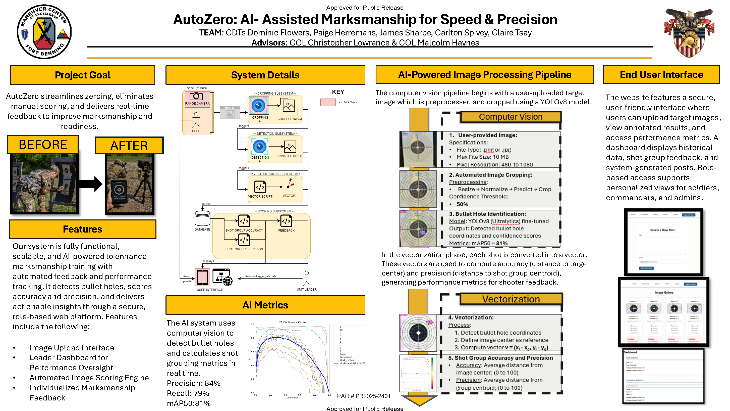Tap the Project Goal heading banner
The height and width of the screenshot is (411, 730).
click(82, 75)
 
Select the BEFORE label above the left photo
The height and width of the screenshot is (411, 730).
click(43, 145)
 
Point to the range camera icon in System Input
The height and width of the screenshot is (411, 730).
click(196, 97)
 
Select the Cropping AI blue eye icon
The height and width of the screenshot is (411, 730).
click(258, 106)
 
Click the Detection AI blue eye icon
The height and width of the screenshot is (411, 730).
click(260, 147)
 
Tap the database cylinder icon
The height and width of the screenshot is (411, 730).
click(202, 219)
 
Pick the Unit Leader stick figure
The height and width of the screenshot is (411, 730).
click(307, 279)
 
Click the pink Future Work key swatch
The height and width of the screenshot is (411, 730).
click(328, 102)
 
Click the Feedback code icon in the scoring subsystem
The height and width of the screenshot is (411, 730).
click(286, 221)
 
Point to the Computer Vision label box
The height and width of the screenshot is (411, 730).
click(510, 117)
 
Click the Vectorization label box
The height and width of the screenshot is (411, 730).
click(511, 299)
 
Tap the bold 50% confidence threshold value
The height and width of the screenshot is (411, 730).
click(462, 204)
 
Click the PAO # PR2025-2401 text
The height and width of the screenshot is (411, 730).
click(364, 396)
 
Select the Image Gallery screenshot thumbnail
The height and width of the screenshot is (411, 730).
click(663, 312)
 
